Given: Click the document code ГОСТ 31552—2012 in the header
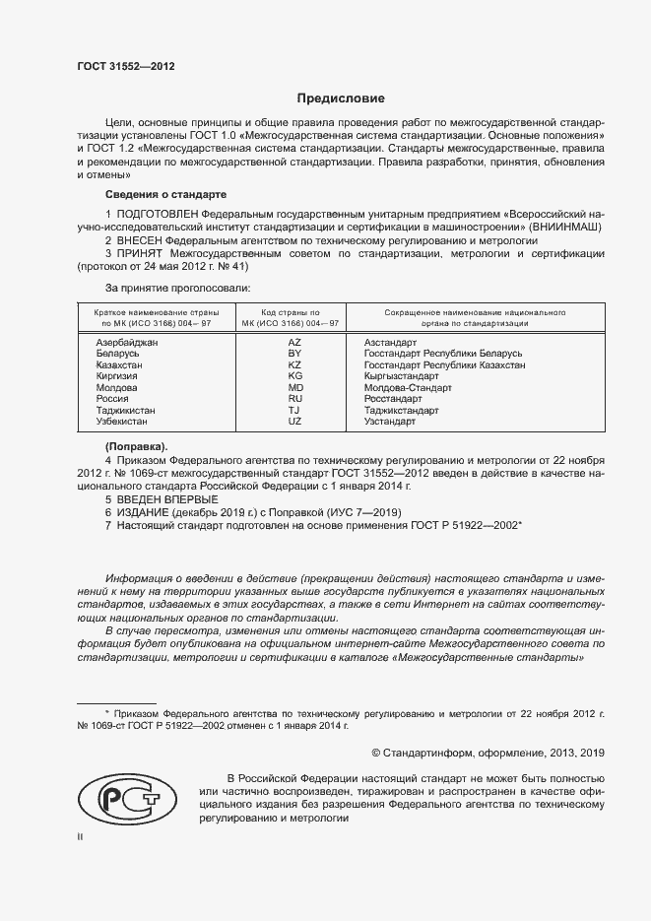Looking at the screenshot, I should (125, 67).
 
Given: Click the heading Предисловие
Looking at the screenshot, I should (341, 99).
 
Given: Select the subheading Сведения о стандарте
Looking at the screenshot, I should (165, 194).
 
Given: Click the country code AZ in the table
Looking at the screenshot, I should (293, 342).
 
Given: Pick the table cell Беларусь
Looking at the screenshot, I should (118, 353).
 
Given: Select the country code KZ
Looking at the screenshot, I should (293, 364).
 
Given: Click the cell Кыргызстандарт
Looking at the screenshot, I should (401, 376).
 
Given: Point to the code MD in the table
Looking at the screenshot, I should (293, 387).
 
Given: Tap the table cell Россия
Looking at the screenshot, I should (112, 399).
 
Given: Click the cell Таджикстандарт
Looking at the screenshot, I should (401, 410).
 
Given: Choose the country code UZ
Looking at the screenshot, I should (293, 422).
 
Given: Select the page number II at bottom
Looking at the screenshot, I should (81, 836).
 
